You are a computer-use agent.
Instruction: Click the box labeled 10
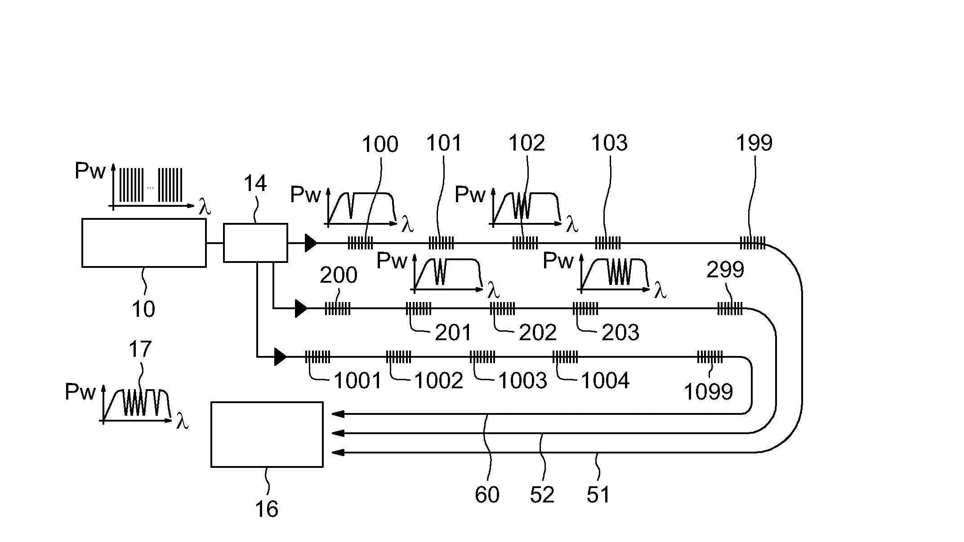(144, 243)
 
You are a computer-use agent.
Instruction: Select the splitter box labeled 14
(255, 243)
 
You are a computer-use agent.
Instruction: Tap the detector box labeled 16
(267, 435)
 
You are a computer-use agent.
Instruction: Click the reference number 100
(380, 145)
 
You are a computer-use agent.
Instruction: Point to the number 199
(754, 143)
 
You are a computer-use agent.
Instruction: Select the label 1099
(708, 392)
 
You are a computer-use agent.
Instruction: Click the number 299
(725, 270)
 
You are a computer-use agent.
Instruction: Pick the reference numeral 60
(487, 495)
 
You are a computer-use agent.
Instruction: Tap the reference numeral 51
(598, 495)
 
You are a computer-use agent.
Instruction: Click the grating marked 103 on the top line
(608, 243)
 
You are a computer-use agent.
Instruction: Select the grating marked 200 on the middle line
(337, 309)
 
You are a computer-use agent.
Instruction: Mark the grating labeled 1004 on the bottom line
(565, 357)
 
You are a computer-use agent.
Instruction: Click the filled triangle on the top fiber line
(311, 243)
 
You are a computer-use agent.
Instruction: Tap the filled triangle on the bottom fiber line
(280, 357)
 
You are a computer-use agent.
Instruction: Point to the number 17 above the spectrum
(140, 349)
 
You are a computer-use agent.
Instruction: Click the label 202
(538, 333)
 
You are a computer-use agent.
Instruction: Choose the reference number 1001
(357, 381)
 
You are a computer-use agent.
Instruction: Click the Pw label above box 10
(90, 171)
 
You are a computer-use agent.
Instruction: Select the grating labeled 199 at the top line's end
(753, 243)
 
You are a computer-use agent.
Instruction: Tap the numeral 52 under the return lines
(542, 495)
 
